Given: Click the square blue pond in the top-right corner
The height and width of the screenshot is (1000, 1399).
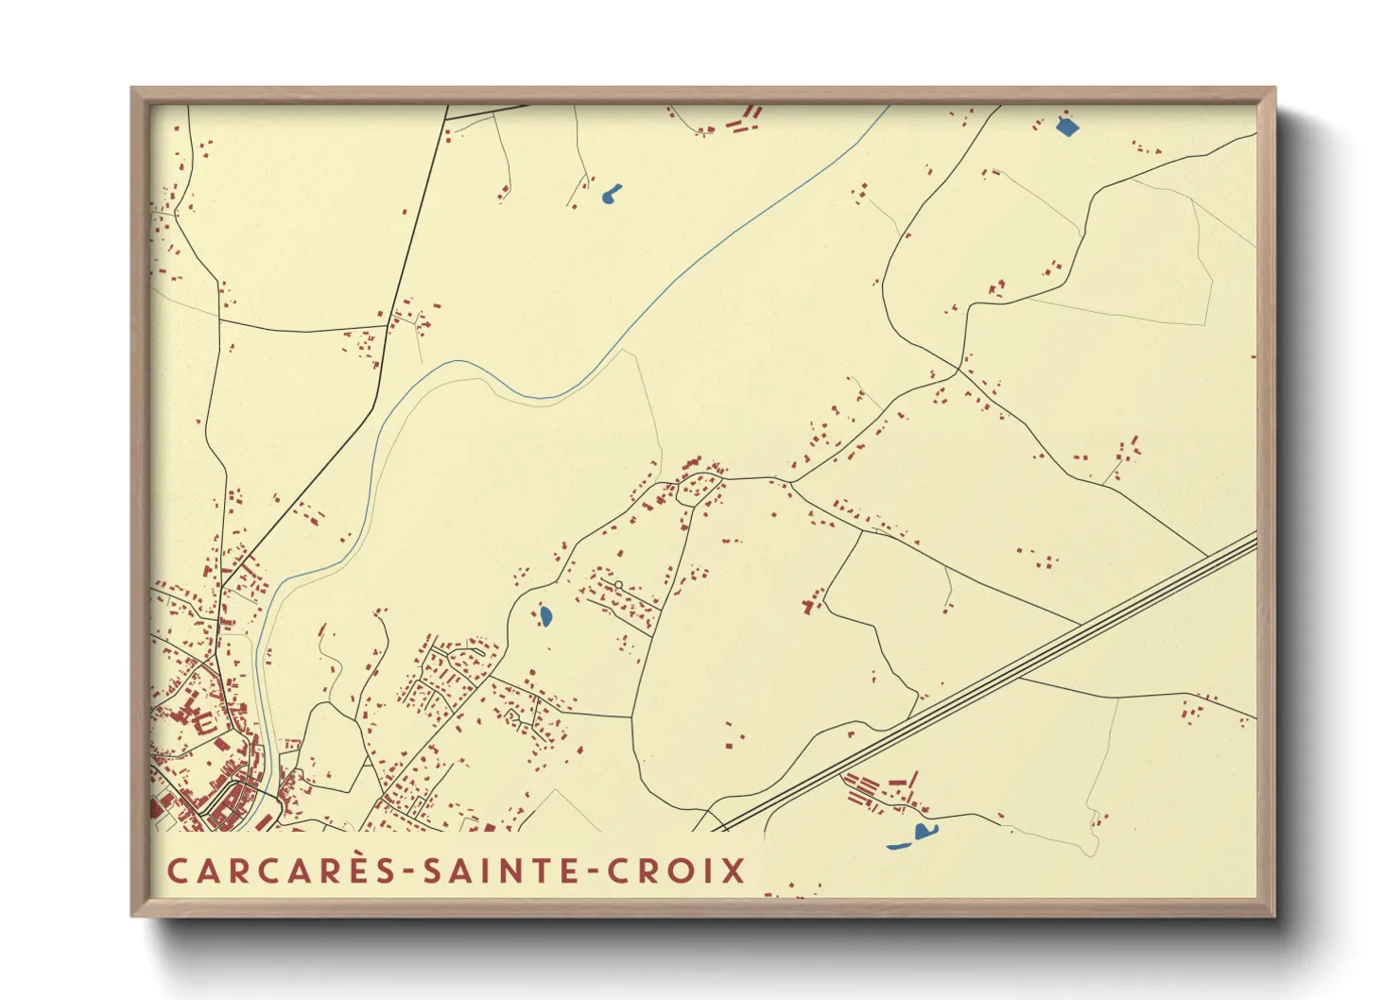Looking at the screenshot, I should [x=1066, y=127].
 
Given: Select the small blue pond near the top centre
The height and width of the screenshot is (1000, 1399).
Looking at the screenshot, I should [x=610, y=195].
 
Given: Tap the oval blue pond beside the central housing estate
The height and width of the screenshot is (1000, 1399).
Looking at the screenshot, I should [x=545, y=617].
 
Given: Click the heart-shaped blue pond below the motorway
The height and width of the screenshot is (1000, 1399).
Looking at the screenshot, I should [x=923, y=832].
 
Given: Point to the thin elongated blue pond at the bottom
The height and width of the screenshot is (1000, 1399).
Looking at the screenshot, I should [x=899, y=846].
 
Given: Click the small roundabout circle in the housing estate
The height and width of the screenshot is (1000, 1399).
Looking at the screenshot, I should [x=618, y=586].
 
